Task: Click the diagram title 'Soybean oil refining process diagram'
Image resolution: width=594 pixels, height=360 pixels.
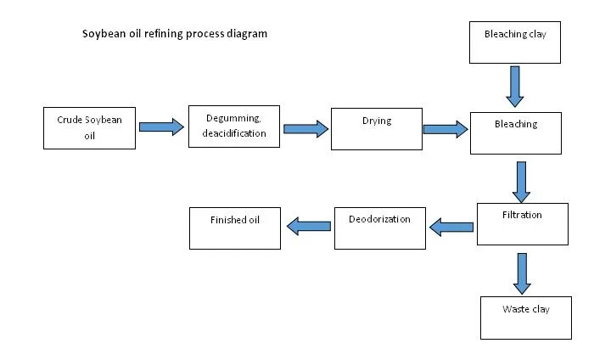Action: pyautogui.click(x=174, y=34)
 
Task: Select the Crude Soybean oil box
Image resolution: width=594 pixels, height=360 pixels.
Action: pyautogui.click(x=89, y=127)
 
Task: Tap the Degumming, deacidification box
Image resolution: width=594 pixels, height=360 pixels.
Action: pyautogui.click(x=233, y=126)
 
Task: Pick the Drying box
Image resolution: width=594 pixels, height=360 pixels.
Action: pyautogui.click(x=376, y=129)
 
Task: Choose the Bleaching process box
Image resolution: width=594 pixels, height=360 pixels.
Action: pyautogui.click(x=515, y=132)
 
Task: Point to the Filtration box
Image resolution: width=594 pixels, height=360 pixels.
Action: pyautogui.click(x=521, y=223)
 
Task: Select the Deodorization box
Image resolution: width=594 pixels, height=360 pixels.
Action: pyautogui.click(x=379, y=227)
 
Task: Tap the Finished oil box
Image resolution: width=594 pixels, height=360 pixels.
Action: pyautogui.click(x=234, y=227)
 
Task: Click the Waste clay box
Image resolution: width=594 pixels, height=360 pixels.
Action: pyautogui.click(x=525, y=317)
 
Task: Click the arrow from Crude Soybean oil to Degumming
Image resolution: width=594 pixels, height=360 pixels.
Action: pyautogui.click(x=161, y=127)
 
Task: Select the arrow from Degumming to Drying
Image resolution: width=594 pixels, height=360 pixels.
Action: pyautogui.click(x=305, y=129)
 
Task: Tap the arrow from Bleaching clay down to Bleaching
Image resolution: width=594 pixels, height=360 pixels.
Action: pyautogui.click(x=515, y=87)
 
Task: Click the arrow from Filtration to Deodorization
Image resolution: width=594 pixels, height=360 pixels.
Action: pyautogui.click(x=451, y=227)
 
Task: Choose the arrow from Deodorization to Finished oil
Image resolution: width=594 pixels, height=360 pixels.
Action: pyautogui.click(x=309, y=225)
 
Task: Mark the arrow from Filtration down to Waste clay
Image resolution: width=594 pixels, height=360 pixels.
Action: pyautogui.click(x=522, y=273)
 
